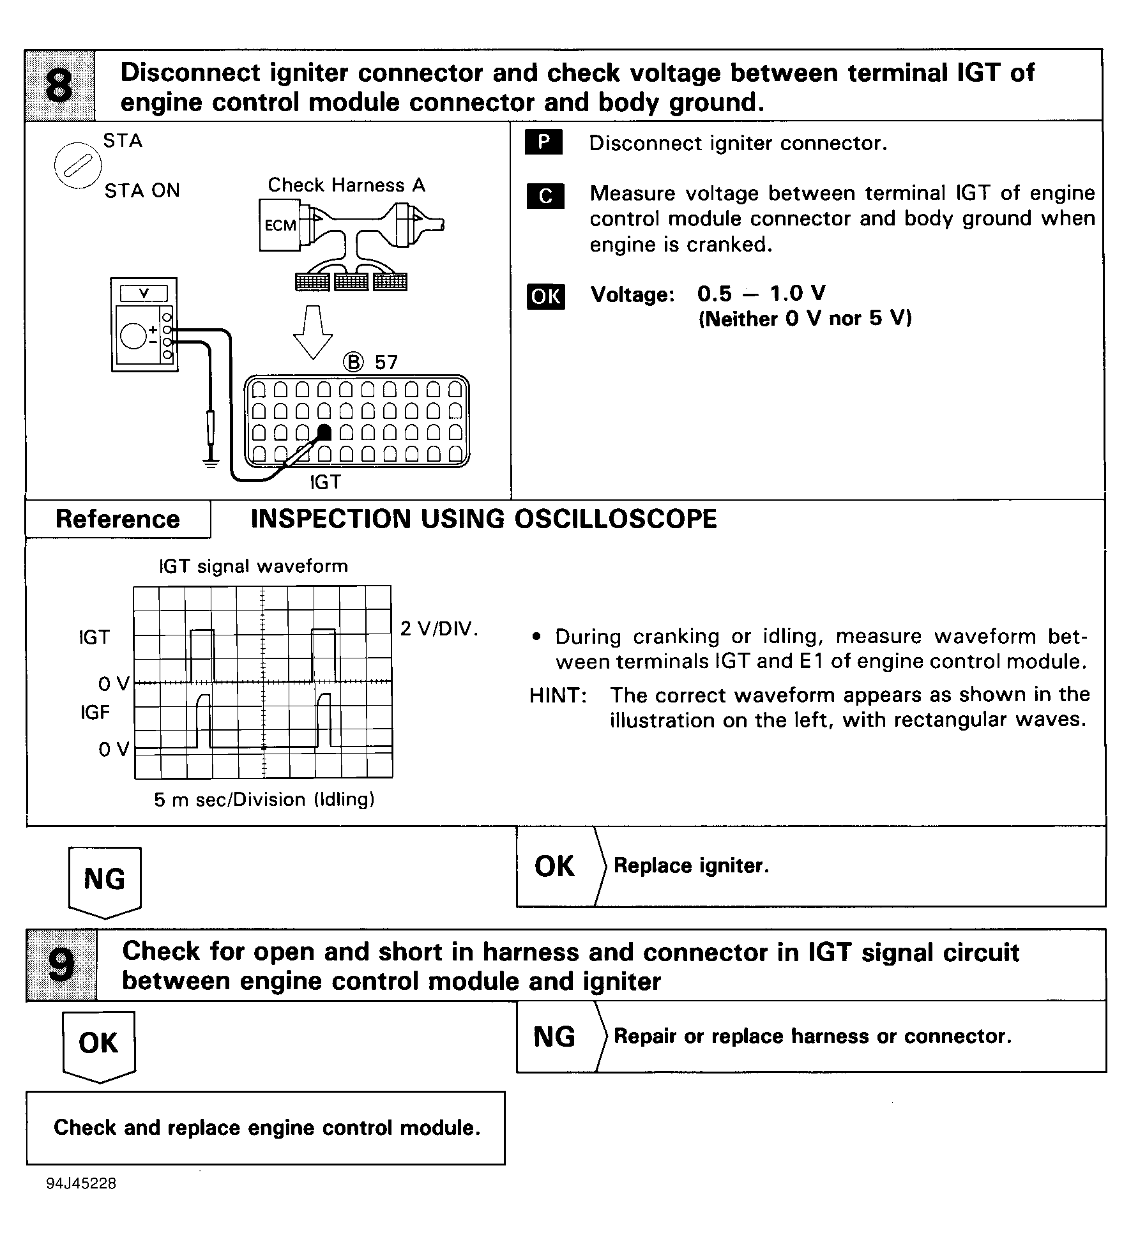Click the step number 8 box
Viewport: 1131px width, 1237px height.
[59, 86]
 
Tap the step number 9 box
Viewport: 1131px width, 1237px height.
[61, 965]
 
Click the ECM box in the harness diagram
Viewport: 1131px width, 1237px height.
[280, 225]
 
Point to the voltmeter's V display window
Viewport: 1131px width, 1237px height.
[144, 294]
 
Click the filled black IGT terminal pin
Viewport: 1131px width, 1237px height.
[324, 432]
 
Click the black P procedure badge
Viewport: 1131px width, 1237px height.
[543, 142]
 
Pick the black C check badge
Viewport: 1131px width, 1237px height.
[545, 196]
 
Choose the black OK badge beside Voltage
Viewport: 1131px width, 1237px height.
[545, 296]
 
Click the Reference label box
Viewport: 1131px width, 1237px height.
[118, 519]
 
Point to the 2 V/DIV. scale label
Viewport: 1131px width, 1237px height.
[439, 629]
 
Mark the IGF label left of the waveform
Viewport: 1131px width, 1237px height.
[95, 712]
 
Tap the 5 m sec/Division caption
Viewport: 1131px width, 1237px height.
[264, 800]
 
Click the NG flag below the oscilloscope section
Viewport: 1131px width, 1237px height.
[105, 880]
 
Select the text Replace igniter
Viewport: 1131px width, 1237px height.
[691, 866]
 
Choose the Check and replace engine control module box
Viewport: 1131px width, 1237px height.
[266, 1128]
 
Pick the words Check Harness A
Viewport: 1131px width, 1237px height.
[346, 185]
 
